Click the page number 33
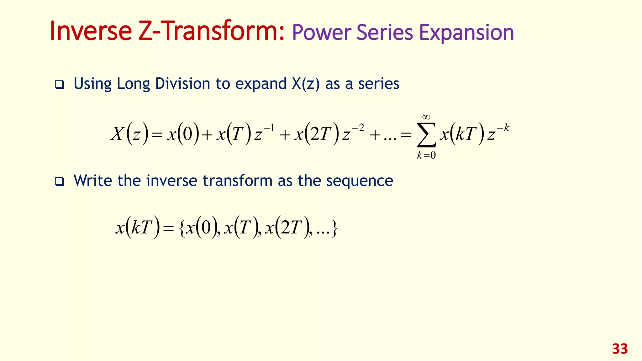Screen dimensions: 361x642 (620, 349)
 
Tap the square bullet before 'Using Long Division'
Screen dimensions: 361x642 (59, 85)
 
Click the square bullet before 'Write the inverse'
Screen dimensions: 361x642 (59, 182)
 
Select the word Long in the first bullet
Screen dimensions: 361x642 (133, 84)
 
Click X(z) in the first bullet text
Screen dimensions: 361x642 (306, 84)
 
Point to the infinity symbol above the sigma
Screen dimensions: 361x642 (426, 118)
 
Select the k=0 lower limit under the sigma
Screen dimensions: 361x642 (426, 155)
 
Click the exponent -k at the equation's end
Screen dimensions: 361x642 (503, 128)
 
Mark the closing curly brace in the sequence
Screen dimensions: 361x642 (334, 228)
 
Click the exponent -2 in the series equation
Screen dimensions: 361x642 (358, 128)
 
